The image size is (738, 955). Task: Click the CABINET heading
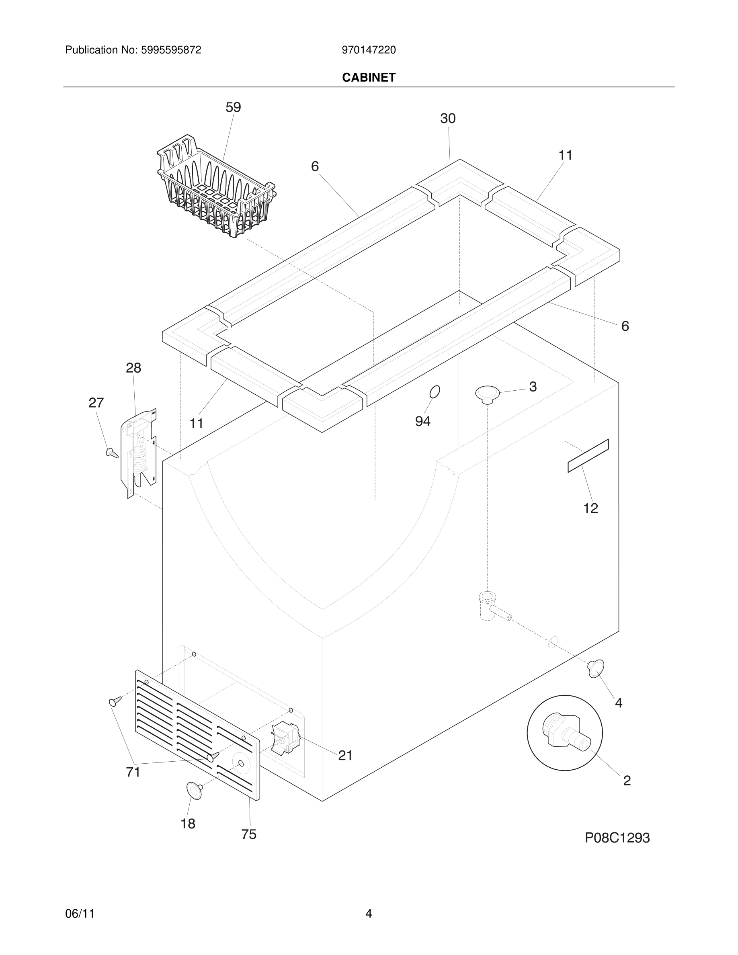pos(369,78)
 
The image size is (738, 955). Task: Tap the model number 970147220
pos(369,50)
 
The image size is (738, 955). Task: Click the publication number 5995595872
pos(170,50)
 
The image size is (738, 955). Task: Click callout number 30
pos(447,119)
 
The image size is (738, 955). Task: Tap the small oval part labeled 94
pos(435,392)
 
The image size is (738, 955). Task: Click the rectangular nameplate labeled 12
pos(588,456)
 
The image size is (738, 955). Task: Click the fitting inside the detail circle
pos(565,733)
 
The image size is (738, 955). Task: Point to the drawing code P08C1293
pos(617,838)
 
